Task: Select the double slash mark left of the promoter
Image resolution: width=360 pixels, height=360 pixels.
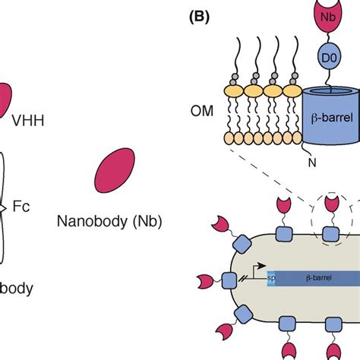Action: [246, 279]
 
